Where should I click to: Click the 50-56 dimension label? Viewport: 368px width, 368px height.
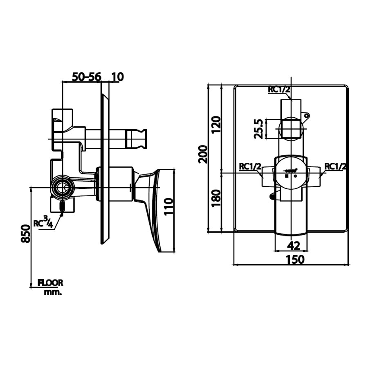click(x=86, y=76)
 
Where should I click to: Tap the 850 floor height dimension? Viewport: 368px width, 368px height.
click(x=25, y=234)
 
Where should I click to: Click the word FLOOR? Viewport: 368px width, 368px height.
click(x=50, y=283)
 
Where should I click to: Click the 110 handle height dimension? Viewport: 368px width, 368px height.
click(x=168, y=207)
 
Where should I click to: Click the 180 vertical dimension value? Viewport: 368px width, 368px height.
click(x=216, y=198)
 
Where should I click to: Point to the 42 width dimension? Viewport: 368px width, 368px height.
click(x=291, y=246)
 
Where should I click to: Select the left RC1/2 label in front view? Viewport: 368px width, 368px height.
click(x=250, y=166)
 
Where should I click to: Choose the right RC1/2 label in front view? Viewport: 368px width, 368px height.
click(x=336, y=166)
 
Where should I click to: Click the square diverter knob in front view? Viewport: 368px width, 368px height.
click(x=291, y=128)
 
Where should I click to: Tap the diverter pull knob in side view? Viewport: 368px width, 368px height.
click(x=136, y=139)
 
